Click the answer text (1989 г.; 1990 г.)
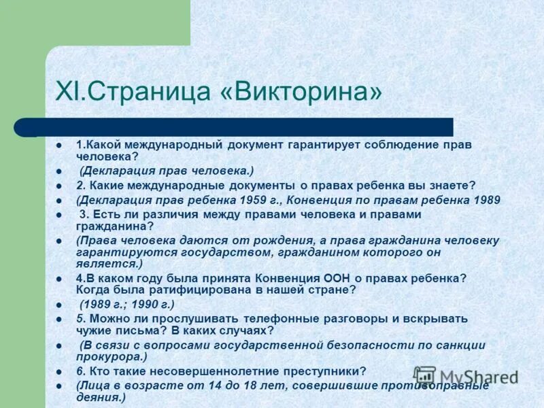click(x=127, y=304)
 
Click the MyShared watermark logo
click(x=465, y=376)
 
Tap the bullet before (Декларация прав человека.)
click(x=59, y=171)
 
